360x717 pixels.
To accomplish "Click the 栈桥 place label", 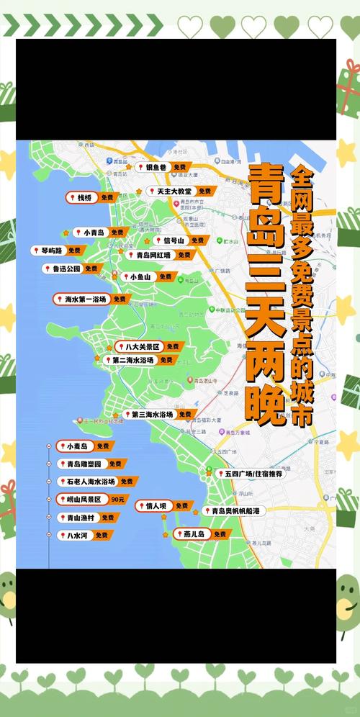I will click(84, 197).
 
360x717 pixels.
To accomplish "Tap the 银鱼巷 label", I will click(156, 167).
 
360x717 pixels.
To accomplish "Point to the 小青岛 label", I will click(94, 233).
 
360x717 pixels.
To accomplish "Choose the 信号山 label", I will click(174, 240).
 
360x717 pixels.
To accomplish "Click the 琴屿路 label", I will click(50, 251).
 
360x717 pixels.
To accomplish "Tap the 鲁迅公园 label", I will click(65, 269).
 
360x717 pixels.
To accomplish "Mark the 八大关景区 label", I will click(141, 346).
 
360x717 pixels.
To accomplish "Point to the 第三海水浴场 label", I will click(152, 415).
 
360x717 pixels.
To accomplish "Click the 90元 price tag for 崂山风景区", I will click(118, 499).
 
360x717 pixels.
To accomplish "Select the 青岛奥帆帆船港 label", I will click(235, 510).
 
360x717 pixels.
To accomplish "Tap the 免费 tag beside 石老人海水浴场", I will click(127, 481).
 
